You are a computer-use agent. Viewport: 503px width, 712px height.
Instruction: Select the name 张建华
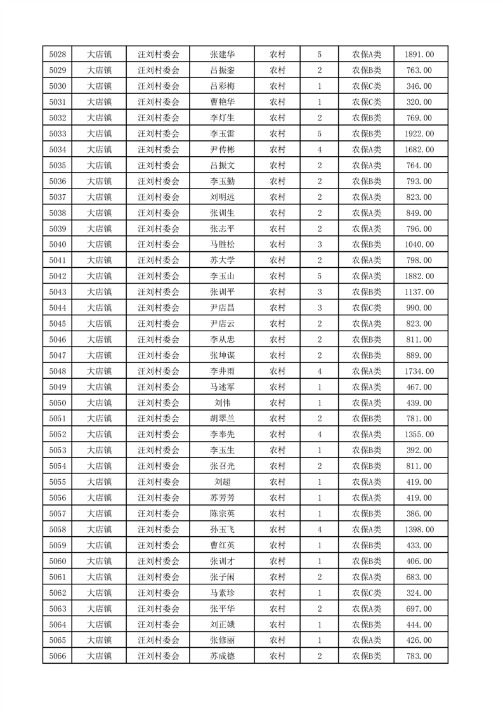coord(222,55)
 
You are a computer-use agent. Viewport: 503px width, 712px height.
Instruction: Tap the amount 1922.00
coord(419,134)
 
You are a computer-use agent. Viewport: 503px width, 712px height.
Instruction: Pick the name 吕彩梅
coord(222,86)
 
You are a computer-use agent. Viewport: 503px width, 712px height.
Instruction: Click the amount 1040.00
coord(419,244)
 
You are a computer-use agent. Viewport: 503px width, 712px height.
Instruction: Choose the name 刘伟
coord(222,403)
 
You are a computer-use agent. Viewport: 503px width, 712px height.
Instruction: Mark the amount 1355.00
coord(419,435)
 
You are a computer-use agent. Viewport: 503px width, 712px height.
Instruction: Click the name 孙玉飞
coord(222,529)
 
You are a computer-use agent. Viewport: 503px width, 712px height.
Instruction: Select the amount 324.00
coord(419,593)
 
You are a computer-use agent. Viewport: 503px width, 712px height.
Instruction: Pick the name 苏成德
coord(222,656)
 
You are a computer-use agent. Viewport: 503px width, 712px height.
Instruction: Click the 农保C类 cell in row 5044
coord(367,308)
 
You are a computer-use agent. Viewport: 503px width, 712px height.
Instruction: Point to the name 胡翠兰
coord(222,419)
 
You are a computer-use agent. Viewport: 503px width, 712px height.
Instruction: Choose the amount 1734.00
coord(419,371)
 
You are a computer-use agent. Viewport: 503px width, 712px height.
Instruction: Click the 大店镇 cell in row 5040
coord(99,244)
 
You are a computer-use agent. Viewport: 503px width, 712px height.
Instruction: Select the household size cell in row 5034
coord(319,150)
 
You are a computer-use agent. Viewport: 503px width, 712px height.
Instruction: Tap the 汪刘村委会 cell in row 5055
coord(159,482)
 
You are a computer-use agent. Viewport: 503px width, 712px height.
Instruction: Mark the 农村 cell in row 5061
coord(277,577)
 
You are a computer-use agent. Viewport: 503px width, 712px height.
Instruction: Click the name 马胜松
coord(222,244)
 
